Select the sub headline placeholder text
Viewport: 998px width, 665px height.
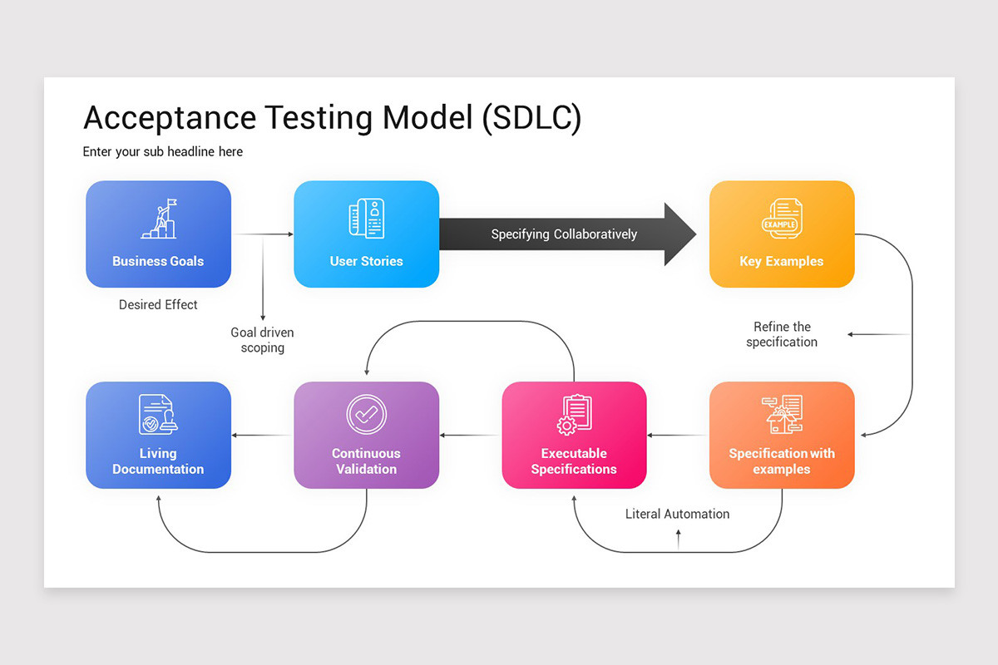163,151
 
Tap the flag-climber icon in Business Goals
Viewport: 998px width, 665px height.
158,218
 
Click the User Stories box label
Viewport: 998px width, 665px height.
366,261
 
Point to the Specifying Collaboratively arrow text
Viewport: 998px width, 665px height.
564,234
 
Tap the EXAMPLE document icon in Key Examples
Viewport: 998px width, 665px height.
781,219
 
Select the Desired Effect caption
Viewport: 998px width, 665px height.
158,305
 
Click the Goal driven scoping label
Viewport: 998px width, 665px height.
262,340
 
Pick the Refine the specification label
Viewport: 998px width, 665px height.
782,334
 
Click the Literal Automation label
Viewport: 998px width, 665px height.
677,514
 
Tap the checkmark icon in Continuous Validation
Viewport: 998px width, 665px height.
366,413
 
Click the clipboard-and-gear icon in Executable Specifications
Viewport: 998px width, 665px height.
574,414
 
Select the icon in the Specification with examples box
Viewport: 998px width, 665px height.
782,414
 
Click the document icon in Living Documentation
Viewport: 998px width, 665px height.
158,413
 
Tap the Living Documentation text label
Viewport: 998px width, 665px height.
158,461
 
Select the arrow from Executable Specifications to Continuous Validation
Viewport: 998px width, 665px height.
470,435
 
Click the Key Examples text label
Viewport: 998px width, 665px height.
781,261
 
